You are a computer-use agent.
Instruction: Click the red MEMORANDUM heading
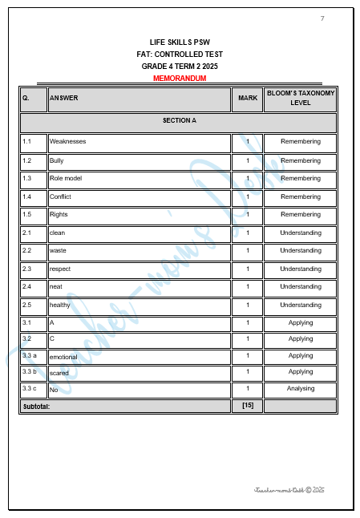[180, 79]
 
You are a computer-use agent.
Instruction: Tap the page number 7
[322, 18]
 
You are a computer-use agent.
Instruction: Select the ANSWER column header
[64, 99]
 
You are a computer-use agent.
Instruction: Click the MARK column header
[248, 99]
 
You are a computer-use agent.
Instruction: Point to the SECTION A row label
[179, 120]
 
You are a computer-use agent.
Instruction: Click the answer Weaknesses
[67, 142]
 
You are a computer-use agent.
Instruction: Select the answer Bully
[57, 160]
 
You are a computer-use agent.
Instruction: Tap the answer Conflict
[60, 196]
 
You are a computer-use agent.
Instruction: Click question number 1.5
[27, 215]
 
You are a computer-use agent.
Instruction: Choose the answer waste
[59, 251]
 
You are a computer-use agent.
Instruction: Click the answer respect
[60, 269]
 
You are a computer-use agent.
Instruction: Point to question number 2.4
[27, 287]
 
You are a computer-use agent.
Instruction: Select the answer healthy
[60, 306]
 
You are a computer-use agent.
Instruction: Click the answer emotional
[64, 357]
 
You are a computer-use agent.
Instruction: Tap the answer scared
[59, 373]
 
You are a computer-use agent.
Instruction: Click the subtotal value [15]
[248, 406]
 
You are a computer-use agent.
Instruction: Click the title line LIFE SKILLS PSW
[180, 41]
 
